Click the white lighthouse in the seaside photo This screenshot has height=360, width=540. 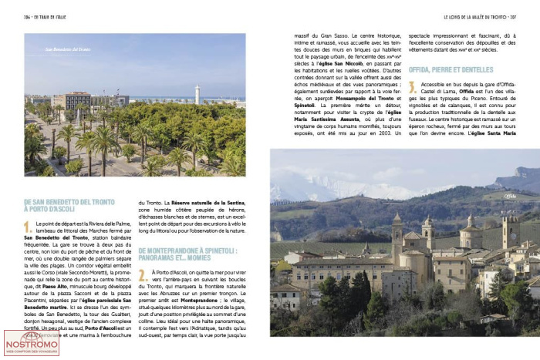click(197, 94)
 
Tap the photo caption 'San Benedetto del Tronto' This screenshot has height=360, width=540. click(67, 50)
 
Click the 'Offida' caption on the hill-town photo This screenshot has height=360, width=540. click(510, 196)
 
